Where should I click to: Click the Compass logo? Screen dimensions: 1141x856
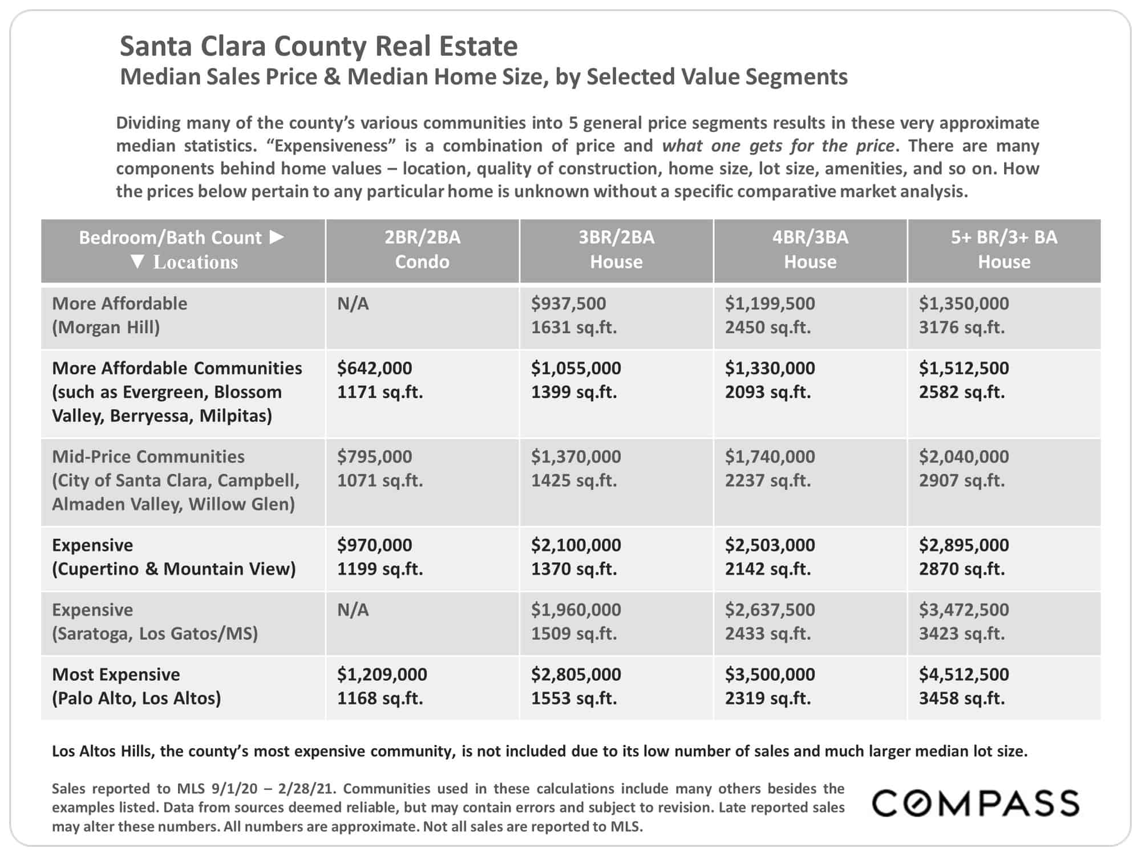[976, 803]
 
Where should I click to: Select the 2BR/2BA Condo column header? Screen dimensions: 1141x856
[422, 249]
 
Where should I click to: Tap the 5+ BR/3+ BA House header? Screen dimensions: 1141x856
[1004, 249]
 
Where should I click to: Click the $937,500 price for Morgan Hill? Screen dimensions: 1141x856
[568, 304]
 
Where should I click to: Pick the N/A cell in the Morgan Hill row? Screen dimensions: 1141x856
[353, 304]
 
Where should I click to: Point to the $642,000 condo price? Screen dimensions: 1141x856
[374, 368]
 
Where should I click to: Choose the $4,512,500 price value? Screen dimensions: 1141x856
[964, 675]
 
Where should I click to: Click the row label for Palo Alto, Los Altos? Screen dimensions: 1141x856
[136, 687]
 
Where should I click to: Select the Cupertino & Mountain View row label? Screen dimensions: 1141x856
[174, 557]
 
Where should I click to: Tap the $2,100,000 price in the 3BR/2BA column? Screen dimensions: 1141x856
[576, 545]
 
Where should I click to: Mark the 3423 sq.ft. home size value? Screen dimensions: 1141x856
[961, 633]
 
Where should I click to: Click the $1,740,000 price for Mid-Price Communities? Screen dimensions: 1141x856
[770, 457]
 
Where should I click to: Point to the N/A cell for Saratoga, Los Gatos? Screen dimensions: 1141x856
[353, 610]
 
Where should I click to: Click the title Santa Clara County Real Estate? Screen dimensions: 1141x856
[319, 46]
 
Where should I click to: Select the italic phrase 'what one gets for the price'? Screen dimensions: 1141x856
[778, 146]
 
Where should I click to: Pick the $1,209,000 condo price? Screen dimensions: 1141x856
[382, 675]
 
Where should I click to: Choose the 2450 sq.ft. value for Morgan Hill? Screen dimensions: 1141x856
[767, 328]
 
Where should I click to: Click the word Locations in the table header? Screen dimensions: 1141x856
[196, 262]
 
